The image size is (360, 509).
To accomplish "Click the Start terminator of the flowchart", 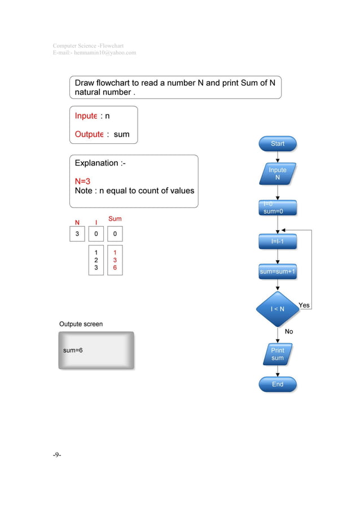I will pyautogui.click(x=278, y=144).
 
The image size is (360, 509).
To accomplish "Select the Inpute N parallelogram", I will pyautogui.click(x=278, y=174).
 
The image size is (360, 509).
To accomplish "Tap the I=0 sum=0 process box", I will pyautogui.click(x=278, y=208).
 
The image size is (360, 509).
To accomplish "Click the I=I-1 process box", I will pyautogui.click(x=278, y=242).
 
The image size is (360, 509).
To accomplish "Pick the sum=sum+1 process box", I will pyautogui.click(x=278, y=271).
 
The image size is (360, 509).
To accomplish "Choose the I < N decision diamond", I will pyautogui.click(x=278, y=309).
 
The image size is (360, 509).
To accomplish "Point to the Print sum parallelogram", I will pyautogui.click(x=278, y=354).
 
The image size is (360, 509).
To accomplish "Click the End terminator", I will pyautogui.click(x=278, y=384).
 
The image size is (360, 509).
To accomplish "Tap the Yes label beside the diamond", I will pyautogui.click(x=304, y=305).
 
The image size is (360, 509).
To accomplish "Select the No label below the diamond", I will pyautogui.click(x=289, y=332).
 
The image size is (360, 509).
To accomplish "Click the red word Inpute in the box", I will pyautogui.click(x=86, y=116).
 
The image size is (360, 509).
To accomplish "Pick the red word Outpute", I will pyautogui.click(x=89, y=134).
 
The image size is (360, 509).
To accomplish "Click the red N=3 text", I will pyautogui.click(x=83, y=181).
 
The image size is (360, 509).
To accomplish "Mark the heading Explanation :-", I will pyautogui.click(x=96, y=163).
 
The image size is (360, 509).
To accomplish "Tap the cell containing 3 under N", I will pyautogui.click(x=77, y=234).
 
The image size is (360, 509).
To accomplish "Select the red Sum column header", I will pyautogui.click(x=115, y=218).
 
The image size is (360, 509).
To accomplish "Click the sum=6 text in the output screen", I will pyautogui.click(x=73, y=350).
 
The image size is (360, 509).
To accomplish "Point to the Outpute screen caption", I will pyautogui.click(x=81, y=324).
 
